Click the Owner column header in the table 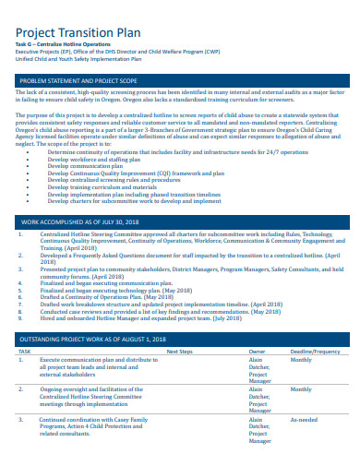pos(258,352)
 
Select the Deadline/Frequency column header pos(314,352)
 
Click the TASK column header pos(25,352)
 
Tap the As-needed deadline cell pos(304,419)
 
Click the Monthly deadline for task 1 pos(302,360)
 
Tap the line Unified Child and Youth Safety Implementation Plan pos(78,60)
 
